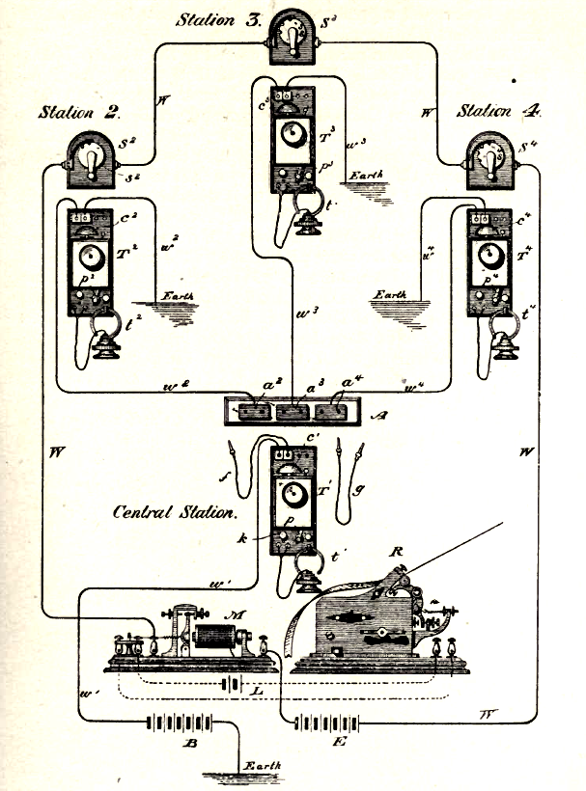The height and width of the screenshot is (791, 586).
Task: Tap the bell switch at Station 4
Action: [492, 154]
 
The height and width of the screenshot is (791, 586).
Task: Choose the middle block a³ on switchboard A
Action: [294, 411]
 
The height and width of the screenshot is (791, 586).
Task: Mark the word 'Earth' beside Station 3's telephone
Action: [366, 175]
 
